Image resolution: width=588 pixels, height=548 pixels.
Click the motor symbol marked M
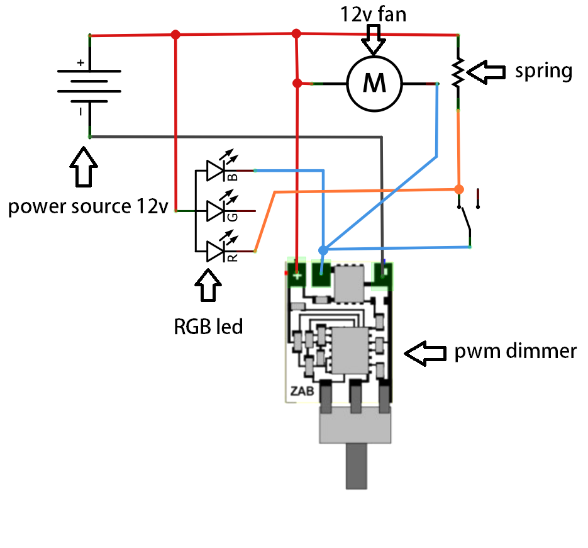(375, 83)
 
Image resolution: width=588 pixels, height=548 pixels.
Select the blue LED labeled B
(218, 171)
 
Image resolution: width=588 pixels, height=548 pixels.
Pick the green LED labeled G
(218, 211)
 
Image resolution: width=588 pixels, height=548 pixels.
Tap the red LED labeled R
(218, 252)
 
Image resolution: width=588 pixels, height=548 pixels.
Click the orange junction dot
(458, 189)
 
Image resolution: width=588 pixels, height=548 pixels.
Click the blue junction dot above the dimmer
(323, 250)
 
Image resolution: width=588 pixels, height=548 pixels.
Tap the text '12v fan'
(374, 14)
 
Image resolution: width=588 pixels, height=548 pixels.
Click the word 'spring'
(543, 70)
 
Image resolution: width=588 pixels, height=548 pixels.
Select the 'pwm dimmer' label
(515, 350)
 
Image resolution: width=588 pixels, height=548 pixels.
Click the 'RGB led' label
(208, 327)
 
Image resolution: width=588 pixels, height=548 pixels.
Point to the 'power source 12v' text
(87, 206)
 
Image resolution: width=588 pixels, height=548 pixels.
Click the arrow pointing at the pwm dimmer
(426, 353)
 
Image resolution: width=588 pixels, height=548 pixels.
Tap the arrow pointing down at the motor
(375, 39)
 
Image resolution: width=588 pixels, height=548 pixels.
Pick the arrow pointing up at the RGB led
(208, 287)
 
